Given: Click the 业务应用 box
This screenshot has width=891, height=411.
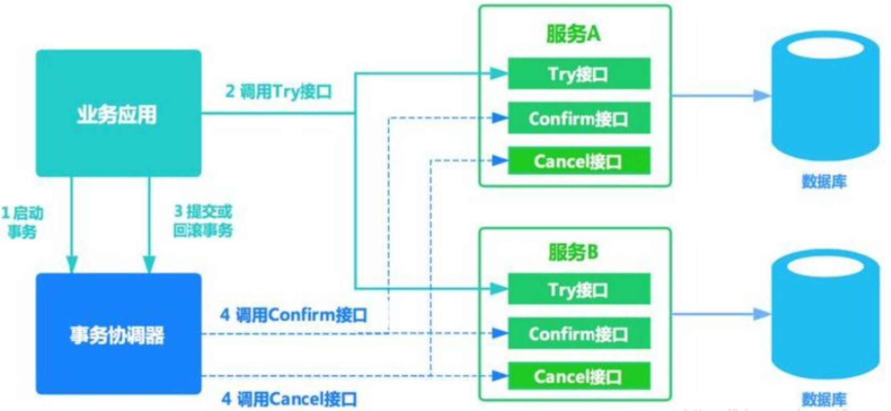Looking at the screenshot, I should tap(119, 113).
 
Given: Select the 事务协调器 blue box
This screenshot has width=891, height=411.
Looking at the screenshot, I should tap(119, 334).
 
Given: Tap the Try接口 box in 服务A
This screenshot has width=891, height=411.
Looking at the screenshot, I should tap(579, 74).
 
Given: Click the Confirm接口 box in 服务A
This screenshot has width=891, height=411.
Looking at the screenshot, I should tap(579, 118).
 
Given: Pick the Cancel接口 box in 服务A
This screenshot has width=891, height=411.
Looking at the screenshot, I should tap(579, 161).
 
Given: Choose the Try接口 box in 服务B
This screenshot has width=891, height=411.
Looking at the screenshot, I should tap(579, 289).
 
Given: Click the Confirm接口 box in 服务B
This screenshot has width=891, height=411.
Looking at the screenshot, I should tap(579, 333).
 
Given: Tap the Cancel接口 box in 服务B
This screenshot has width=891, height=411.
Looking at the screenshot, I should tap(579, 376).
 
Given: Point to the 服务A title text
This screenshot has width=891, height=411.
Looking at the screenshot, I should tap(574, 34).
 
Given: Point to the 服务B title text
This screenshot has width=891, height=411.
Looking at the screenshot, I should tap(574, 252).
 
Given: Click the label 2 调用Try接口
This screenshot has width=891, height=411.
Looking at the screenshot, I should tap(278, 92).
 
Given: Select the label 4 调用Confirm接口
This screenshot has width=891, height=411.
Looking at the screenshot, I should tap(293, 315).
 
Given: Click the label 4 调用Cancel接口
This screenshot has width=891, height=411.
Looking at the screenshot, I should tap(289, 399).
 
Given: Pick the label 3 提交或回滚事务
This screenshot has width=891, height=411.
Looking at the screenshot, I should tap(203, 221).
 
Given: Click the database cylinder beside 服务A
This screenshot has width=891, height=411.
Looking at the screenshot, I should tap(825, 96).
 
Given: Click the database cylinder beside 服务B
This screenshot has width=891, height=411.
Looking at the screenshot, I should tap(825, 314).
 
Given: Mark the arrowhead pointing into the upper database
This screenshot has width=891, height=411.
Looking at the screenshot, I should tap(761, 96).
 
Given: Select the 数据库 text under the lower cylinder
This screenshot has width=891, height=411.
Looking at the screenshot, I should tap(824, 399).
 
